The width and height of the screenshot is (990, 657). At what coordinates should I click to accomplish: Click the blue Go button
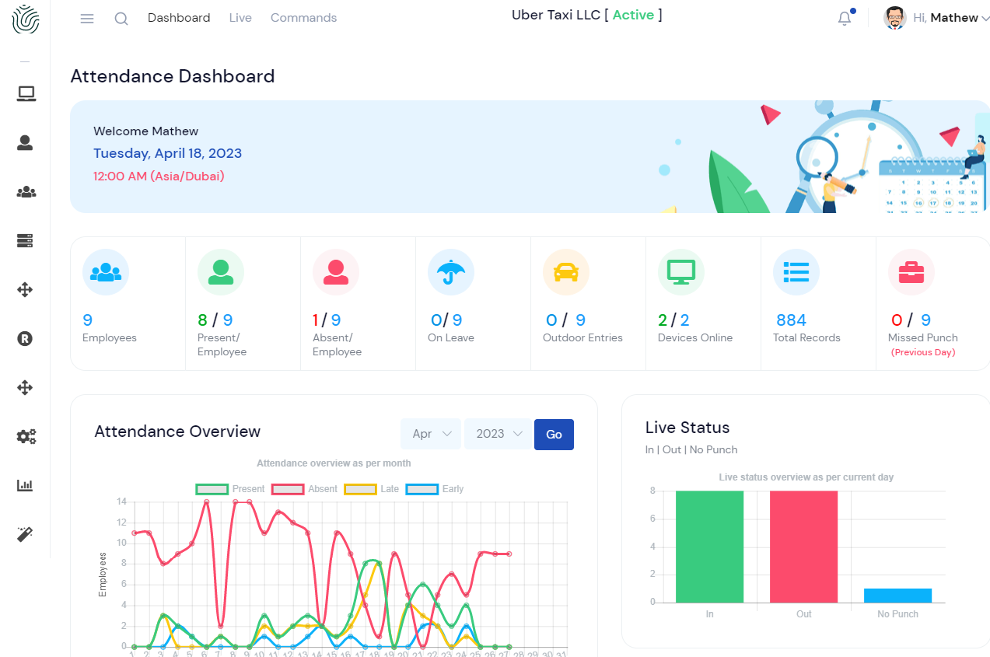tap(554, 435)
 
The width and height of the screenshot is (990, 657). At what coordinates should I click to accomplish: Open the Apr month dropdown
tap(430, 435)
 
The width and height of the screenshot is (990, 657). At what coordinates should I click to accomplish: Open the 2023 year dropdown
tap(498, 435)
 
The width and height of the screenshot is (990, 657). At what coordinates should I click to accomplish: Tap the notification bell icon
tap(845, 19)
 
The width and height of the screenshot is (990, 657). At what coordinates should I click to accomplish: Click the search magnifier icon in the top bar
tap(121, 19)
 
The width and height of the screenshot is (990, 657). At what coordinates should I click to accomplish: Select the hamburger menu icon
tap(87, 19)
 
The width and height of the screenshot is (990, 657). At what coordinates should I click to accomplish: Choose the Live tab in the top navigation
tap(240, 18)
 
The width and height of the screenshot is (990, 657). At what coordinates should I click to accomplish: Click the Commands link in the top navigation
tap(303, 18)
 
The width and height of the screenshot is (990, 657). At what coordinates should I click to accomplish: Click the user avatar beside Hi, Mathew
tap(895, 18)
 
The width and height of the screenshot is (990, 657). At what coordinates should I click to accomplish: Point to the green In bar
tap(709, 547)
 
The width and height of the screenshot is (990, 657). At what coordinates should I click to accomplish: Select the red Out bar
tap(803, 547)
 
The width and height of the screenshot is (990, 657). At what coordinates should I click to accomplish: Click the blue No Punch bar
tap(897, 596)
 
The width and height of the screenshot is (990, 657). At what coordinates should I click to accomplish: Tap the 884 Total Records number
tap(791, 320)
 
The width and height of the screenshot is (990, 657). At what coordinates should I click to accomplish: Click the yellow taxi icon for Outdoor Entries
tap(565, 272)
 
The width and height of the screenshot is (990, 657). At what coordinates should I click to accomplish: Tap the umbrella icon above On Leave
tap(450, 272)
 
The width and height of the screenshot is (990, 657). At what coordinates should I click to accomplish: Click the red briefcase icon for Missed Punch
tap(911, 272)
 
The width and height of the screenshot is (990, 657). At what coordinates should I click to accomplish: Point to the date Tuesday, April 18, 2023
tap(167, 153)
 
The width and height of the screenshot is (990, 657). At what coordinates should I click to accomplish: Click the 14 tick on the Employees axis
tap(122, 501)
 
